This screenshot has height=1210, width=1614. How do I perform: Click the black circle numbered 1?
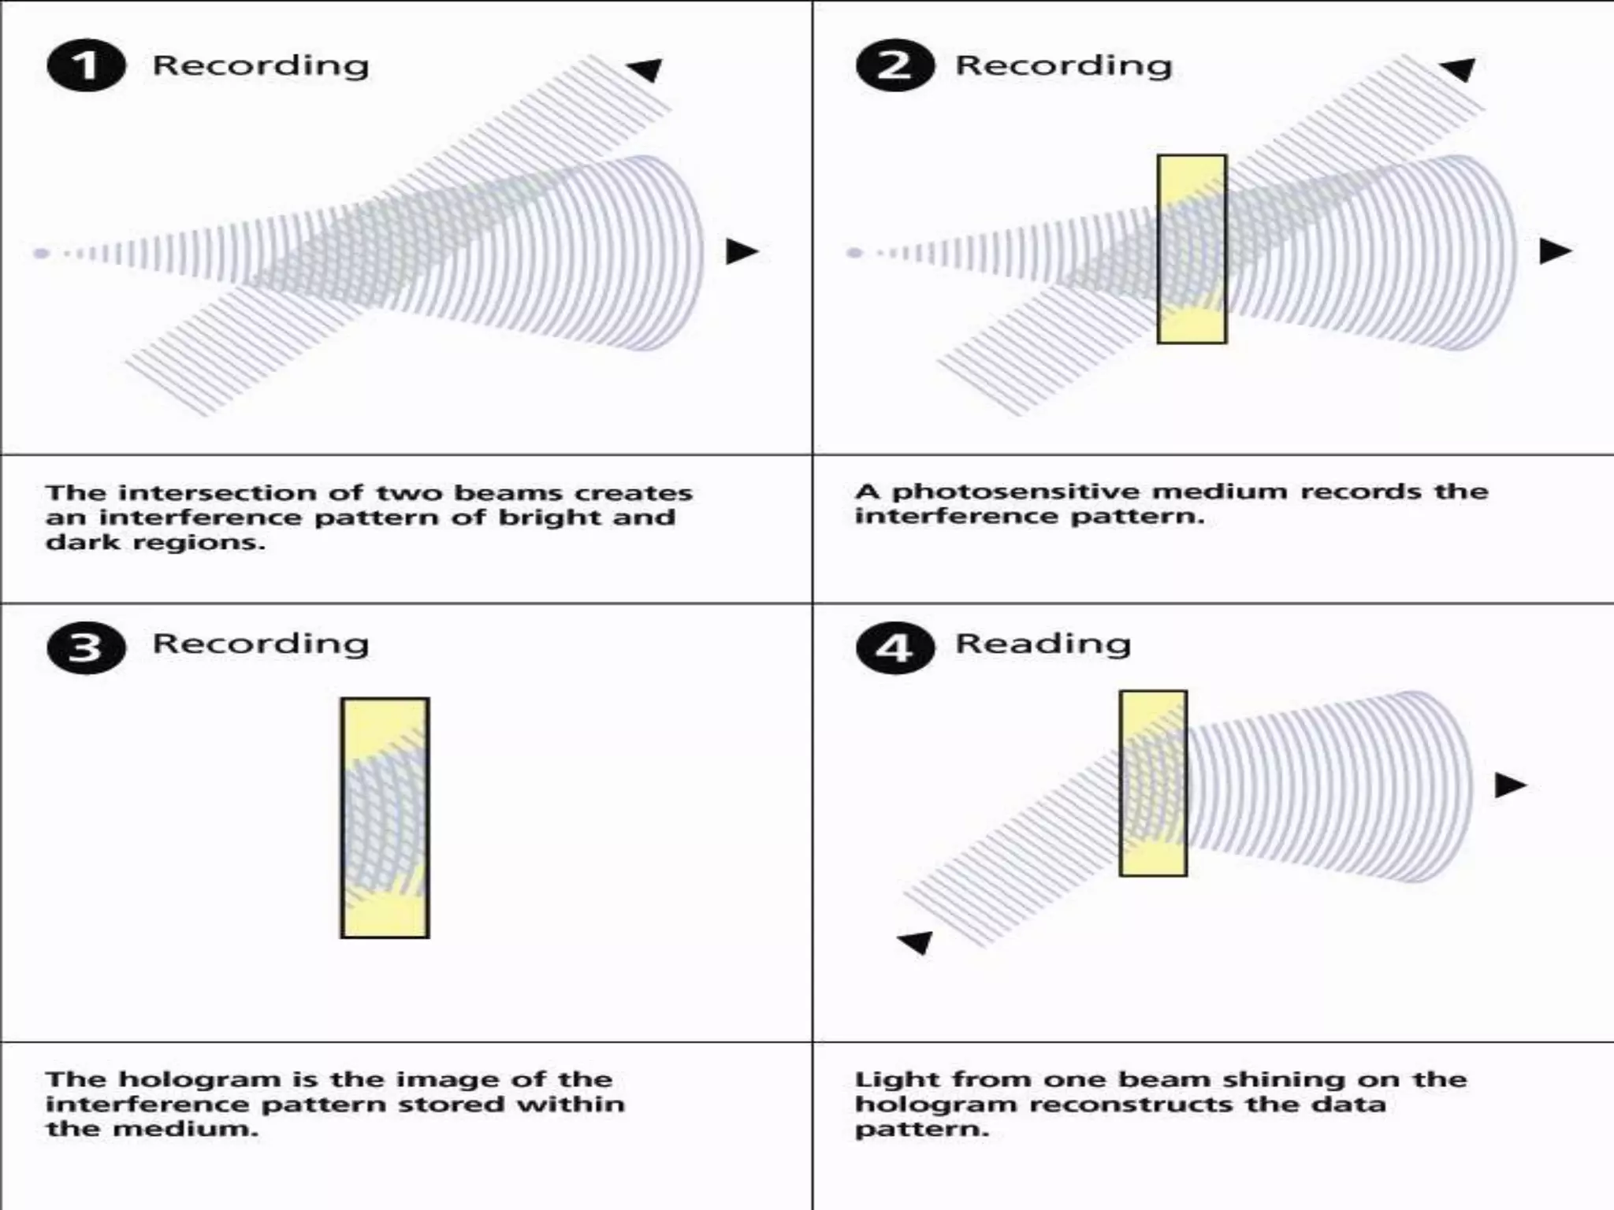[x=86, y=65]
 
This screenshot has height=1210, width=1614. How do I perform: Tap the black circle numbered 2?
[x=894, y=65]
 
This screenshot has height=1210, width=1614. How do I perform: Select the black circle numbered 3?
[x=86, y=648]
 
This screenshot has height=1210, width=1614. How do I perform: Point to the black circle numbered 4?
[x=894, y=648]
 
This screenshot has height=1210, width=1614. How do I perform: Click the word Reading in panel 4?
[x=1043, y=644]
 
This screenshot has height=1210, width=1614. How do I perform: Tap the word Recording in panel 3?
[x=261, y=644]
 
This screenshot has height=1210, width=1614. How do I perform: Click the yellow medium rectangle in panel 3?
[x=385, y=818]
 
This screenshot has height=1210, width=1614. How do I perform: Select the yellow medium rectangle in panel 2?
[x=1192, y=249]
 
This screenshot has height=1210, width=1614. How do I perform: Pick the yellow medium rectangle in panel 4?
[x=1153, y=783]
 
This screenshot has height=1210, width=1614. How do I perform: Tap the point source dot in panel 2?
[x=854, y=253]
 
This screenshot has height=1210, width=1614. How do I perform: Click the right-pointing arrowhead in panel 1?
[x=741, y=251]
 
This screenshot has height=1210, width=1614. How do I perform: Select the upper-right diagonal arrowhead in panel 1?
[x=646, y=69]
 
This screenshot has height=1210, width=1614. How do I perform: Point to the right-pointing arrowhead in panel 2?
[x=1554, y=251]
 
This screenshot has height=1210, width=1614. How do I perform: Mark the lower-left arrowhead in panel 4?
[x=917, y=941]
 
